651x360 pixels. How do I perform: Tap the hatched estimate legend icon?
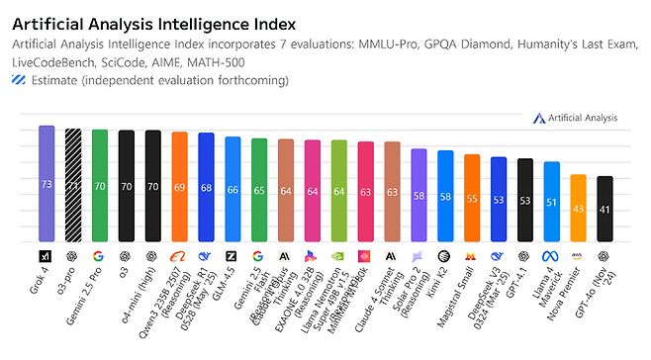click(x=20, y=79)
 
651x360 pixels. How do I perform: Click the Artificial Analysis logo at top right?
click(x=575, y=118)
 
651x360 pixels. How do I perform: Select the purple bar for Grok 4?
click(x=46, y=184)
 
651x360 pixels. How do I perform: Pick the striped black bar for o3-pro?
click(x=73, y=185)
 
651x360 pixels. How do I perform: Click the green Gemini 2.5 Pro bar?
click(x=100, y=186)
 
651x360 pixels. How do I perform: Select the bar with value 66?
click(x=232, y=189)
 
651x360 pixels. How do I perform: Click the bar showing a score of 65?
click(x=259, y=190)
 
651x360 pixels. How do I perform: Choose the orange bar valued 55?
click(x=472, y=198)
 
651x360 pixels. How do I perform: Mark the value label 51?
click(x=552, y=202)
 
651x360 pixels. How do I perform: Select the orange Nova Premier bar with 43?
click(x=579, y=208)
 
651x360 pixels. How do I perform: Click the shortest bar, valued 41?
click(x=605, y=209)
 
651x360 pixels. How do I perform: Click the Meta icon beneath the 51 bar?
click(x=552, y=255)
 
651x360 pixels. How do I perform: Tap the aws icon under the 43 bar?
click(x=579, y=255)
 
